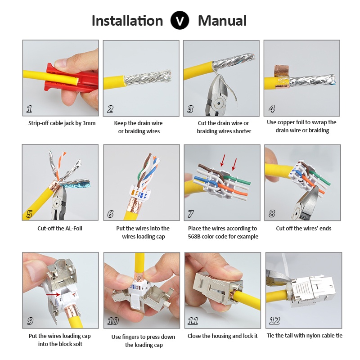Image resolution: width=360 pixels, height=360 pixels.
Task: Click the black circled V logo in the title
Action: click(180, 20)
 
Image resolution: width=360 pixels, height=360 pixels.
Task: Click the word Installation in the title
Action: click(127, 21)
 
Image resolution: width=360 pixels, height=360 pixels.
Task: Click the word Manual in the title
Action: click(222, 21)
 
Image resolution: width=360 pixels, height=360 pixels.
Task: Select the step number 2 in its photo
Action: click(110, 109)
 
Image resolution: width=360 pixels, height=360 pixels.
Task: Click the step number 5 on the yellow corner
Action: click(29, 214)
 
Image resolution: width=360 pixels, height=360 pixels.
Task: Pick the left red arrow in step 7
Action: click(223, 160)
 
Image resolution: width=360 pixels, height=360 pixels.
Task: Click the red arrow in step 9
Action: click(53, 294)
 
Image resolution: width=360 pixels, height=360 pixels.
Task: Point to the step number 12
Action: click(274, 320)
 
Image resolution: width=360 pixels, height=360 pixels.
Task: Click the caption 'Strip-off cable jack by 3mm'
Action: click(62, 123)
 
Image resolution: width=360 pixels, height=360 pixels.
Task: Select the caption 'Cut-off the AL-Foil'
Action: click(60, 228)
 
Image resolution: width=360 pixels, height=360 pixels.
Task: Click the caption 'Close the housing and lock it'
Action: click(222, 336)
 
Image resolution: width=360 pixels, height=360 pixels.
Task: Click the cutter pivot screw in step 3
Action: click(219, 103)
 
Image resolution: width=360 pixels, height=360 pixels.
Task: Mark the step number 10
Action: click(113, 321)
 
